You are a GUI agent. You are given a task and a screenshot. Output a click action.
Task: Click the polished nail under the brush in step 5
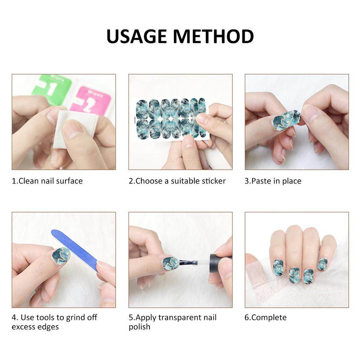[x=171, y=263]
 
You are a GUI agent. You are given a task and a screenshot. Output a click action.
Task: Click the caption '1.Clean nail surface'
[x=47, y=181]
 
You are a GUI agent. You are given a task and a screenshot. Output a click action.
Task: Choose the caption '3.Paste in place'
[x=273, y=181]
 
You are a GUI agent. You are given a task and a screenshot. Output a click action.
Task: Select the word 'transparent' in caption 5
[x=180, y=318]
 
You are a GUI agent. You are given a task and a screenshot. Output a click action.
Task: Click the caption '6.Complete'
[x=265, y=318]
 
